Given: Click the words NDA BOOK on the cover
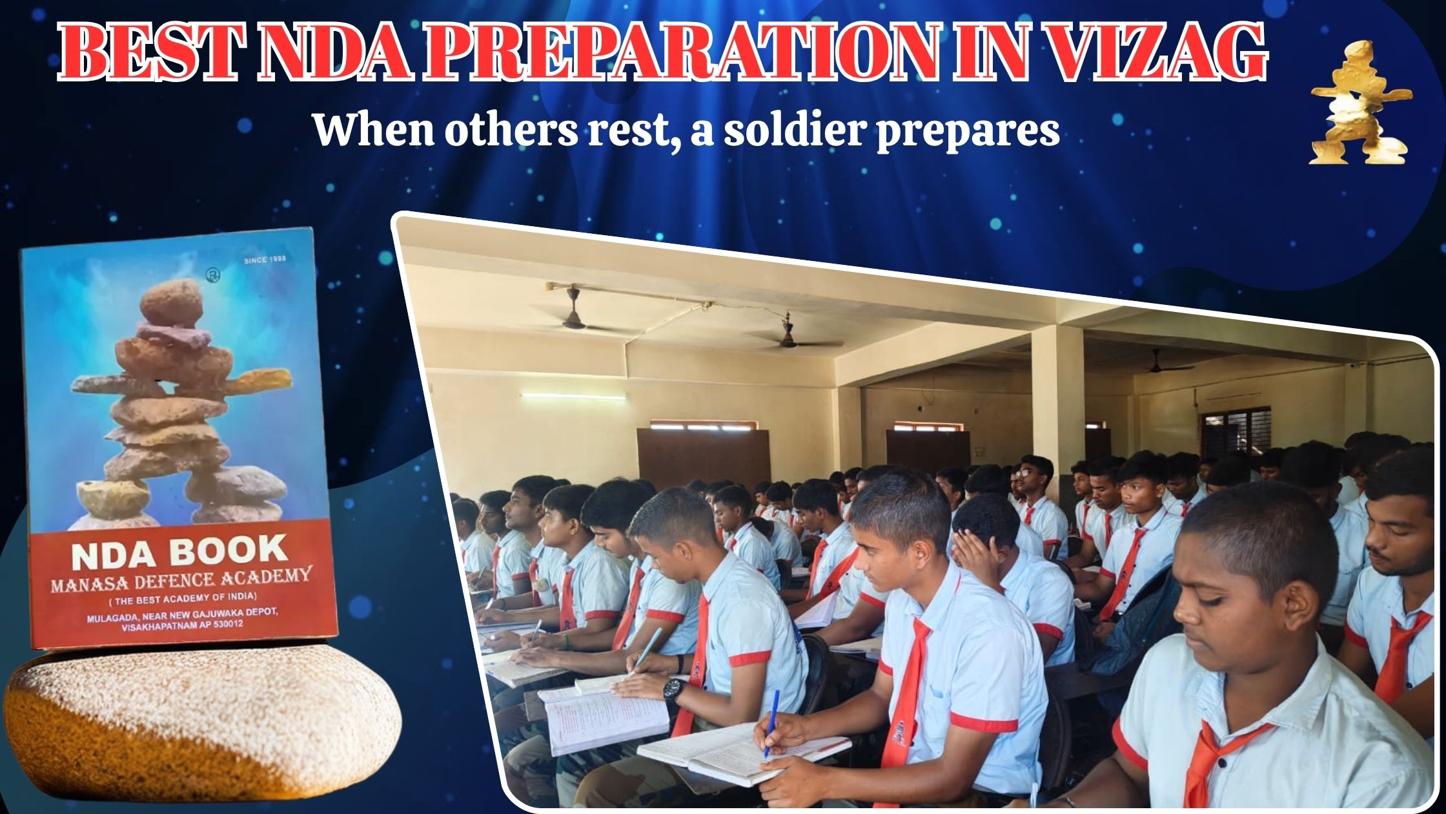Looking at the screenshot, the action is [179, 553].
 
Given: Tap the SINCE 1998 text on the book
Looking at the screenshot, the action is [265, 260].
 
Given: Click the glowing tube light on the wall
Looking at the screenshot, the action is [573, 395].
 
